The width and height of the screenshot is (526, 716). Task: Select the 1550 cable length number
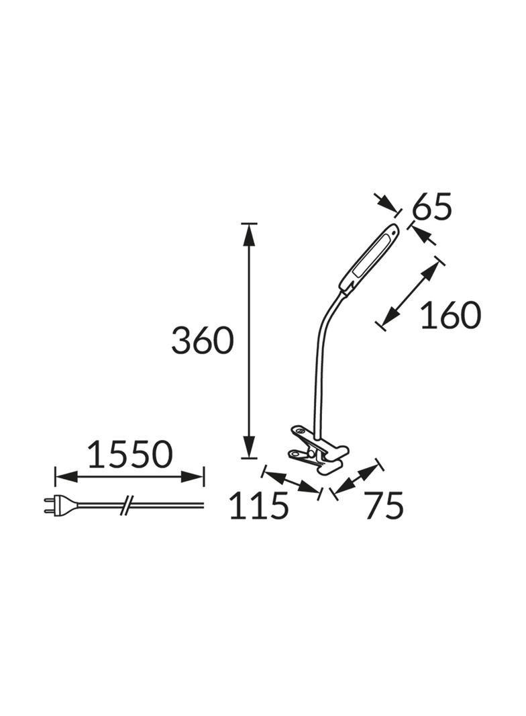pyautogui.click(x=130, y=454)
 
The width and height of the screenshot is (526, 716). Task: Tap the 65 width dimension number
pyautogui.click(x=431, y=206)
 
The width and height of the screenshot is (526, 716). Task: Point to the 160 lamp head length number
pyautogui.click(x=450, y=315)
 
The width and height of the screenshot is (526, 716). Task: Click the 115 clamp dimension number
pyautogui.click(x=259, y=506)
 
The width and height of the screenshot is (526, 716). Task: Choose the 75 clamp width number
pyautogui.click(x=384, y=506)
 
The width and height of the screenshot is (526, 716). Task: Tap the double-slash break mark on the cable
pyautogui.click(x=126, y=504)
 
